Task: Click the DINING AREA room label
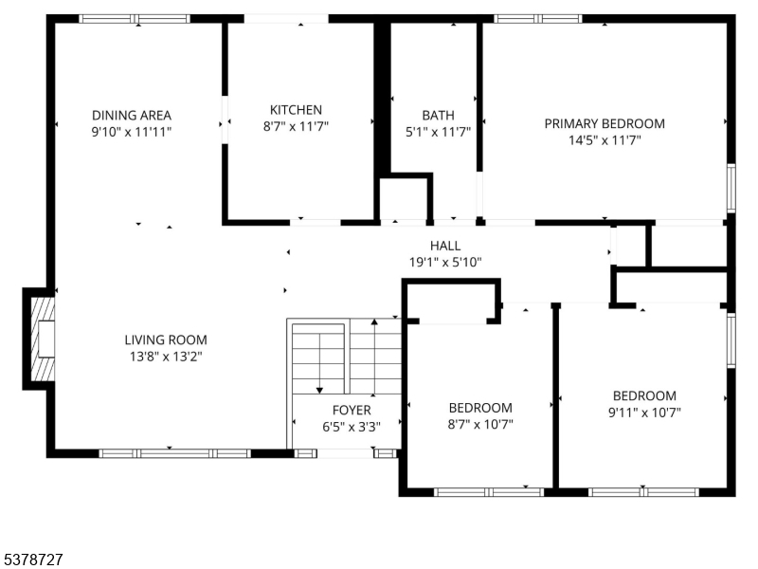(132, 115)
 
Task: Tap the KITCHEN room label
(296, 110)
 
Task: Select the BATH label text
(438, 116)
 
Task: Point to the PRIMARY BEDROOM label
(604, 123)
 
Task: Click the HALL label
(445, 246)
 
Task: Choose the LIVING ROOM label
(166, 340)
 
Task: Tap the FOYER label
(352, 410)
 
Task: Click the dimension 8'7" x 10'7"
(479, 425)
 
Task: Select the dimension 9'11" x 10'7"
(644, 413)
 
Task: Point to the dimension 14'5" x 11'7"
(604, 140)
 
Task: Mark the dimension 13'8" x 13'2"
(166, 357)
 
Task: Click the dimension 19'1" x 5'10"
(445, 262)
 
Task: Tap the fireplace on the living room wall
(40, 340)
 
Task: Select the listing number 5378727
(32, 560)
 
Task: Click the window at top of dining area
(134, 18)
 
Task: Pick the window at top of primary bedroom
(537, 18)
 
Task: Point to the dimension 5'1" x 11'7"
(438, 133)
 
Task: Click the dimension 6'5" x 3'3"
(352, 427)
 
